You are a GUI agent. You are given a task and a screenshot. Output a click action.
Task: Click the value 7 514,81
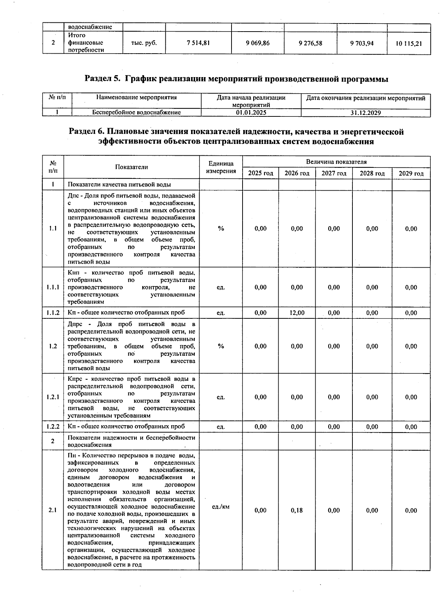tap(198, 43)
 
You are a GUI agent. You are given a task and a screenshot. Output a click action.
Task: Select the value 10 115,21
tap(409, 43)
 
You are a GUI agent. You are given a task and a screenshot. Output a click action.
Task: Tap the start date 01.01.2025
tap(251, 113)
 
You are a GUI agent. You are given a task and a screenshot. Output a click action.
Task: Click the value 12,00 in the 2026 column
tap(297, 313)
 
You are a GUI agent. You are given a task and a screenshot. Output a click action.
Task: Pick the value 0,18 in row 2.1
tap(297, 510)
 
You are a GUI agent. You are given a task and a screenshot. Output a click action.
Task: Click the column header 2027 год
tap(334, 173)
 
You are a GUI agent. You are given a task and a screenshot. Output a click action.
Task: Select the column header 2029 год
tap(411, 173)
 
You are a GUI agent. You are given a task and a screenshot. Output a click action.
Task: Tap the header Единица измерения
tap(220, 167)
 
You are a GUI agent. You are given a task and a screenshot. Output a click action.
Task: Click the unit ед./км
tap(220, 506)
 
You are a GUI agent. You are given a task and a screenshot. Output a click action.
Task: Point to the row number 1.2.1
tap(53, 397)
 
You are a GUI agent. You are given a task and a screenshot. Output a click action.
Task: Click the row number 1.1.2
tap(53, 313)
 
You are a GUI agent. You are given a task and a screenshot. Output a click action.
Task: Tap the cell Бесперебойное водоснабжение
tap(136, 112)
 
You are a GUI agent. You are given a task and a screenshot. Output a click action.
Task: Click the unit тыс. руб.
tap(144, 43)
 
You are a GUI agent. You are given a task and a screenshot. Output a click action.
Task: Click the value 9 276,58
tap(311, 43)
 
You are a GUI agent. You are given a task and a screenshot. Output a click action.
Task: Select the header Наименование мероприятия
tap(136, 98)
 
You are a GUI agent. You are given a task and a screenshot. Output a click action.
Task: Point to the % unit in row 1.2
tap(220, 346)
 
